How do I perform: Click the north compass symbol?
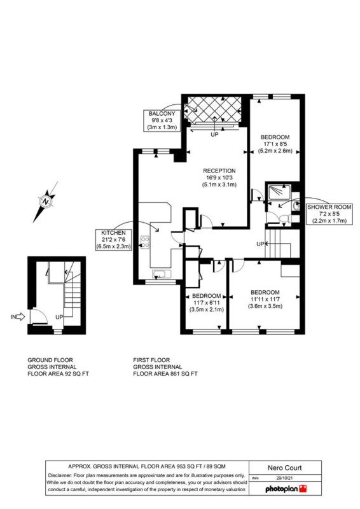tap(46, 202)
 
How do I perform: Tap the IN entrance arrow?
tap(21, 316)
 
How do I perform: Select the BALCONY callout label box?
tap(162, 120)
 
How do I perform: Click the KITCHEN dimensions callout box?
tap(113, 240)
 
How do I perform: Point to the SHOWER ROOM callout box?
tap(329, 214)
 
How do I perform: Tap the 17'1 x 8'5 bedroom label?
tap(275, 144)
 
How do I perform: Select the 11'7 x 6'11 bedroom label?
tap(207, 303)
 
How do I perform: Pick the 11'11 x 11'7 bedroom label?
tap(265, 299)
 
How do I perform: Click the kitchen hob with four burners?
tap(145, 242)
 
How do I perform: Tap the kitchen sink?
tap(162, 274)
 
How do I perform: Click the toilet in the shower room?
tap(284, 218)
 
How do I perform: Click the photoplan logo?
tap(286, 489)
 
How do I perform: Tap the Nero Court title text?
tap(285, 468)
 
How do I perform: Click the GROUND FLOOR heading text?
tap(50, 360)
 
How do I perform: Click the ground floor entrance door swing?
tap(39, 316)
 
